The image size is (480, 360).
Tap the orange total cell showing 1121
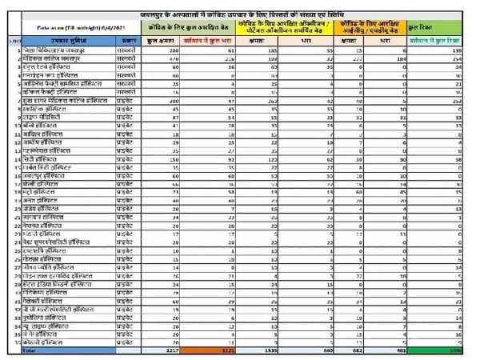[227, 350]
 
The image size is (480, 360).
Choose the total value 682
[364, 350]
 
